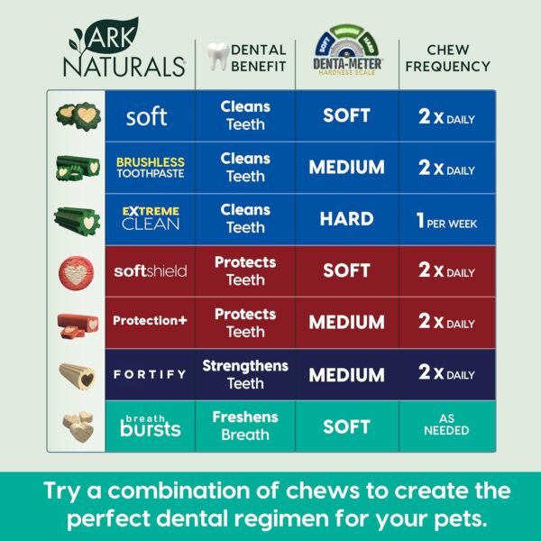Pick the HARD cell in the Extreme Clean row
click(x=346, y=219)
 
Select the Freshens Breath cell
click(x=245, y=426)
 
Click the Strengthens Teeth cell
click(x=245, y=374)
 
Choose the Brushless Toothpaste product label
click(x=150, y=168)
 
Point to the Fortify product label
click(x=150, y=374)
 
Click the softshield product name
click(x=150, y=270)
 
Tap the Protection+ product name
click(x=150, y=322)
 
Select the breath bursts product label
click(x=150, y=425)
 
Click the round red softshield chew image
click(x=76, y=270)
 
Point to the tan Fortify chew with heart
click(x=76, y=374)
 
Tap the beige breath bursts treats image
click(x=76, y=426)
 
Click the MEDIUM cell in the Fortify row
click(x=346, y=374)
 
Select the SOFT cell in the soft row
click(x=346, y=116)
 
